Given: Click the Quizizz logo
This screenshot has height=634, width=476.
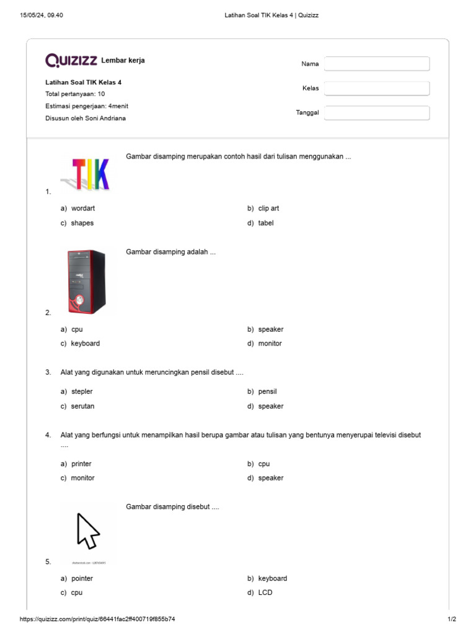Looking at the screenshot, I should click(71, 60).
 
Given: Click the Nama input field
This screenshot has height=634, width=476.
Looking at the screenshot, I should click(377, 64).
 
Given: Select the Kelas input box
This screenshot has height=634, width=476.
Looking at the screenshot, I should click(377, 89).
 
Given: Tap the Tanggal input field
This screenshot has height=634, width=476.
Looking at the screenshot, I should click(377, 113).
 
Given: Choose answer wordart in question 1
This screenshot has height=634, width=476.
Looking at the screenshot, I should click(82, 209).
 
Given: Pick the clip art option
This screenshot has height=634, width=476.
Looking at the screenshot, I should click(268, 209).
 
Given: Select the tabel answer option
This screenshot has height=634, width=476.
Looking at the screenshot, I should click(265, 223).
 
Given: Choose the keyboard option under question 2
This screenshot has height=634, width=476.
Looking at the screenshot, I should click(85, 344).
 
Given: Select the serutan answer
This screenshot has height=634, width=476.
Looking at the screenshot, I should click(82, 406).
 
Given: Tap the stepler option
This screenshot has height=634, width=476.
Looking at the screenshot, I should click(82, 392).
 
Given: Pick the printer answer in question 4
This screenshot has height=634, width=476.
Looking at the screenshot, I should click(81, 464).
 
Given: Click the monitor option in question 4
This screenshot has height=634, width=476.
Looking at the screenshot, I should click(82, 478).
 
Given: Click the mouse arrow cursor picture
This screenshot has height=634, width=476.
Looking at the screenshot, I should click(88, 531).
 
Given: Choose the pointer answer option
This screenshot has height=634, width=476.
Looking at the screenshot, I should click(82, 578).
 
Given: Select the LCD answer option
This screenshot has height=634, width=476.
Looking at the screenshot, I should click(265, 593).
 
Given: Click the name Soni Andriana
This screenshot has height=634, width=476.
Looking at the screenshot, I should click(105, 118).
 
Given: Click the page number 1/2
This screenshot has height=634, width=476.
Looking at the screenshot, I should click(452, 619).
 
